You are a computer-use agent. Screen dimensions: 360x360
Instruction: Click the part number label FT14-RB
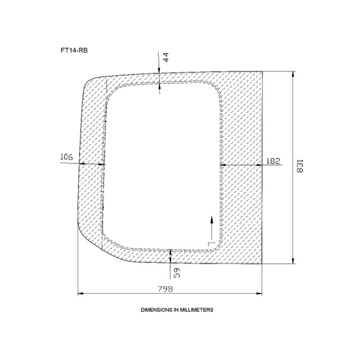74,50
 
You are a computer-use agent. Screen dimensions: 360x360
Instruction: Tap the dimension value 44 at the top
166,57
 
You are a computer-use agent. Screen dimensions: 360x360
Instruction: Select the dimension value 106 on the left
66,157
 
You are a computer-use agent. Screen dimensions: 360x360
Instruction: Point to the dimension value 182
274,161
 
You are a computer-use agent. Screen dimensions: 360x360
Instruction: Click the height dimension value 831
300,166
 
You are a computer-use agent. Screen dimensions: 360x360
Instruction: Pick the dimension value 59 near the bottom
177,273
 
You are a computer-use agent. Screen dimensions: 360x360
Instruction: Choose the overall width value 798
165,288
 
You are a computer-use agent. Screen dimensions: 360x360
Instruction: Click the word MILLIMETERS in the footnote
197,310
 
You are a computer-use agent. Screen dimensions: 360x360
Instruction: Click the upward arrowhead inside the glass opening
212,220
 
